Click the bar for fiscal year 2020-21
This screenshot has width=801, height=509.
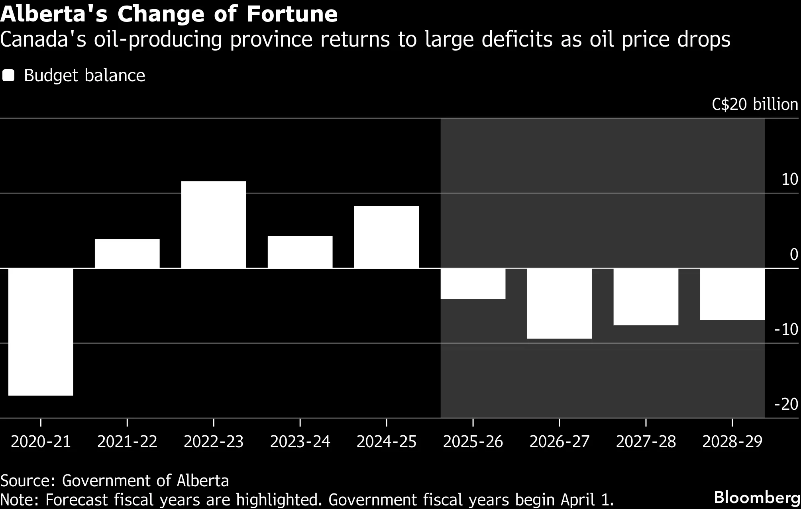click(41, 332)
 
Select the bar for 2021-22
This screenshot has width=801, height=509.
click(127, 253)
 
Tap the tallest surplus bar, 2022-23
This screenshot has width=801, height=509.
click(214, 225)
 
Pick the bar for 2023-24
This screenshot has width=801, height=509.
click(300, 252)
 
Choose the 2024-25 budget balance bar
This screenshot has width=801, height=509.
click(387, 237)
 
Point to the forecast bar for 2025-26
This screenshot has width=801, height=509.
click(473, 284)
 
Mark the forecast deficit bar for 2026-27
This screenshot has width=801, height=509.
click(560, 303)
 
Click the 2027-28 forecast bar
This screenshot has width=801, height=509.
click(646, 297)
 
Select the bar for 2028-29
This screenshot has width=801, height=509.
click(732, 294)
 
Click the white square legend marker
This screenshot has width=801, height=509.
click(8, 76)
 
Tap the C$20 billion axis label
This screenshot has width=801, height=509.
click(755, 104)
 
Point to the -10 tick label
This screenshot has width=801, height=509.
click(786, 329)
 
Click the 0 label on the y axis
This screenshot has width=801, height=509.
click(794, 254)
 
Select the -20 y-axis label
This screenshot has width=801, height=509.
click(786, 404)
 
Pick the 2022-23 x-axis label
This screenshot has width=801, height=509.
click(214, 442)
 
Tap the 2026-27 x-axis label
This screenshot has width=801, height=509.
click(560, 442)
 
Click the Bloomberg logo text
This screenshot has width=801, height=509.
click(757, 497)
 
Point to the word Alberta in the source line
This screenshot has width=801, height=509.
click(203, 481)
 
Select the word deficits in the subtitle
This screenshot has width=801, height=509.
click(517, 39)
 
